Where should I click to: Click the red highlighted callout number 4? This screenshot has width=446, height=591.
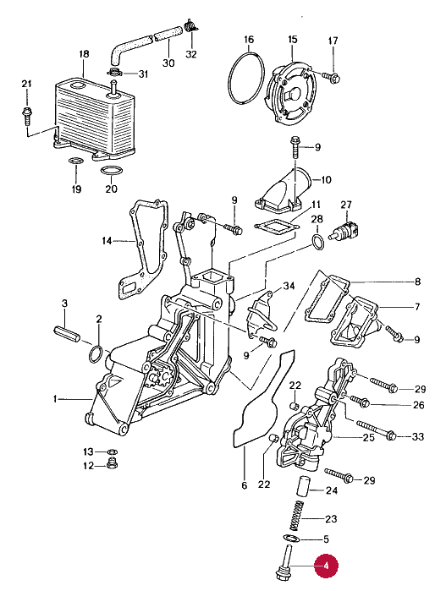tap(326, 566)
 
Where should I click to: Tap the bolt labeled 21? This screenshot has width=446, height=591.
tap(27, 116)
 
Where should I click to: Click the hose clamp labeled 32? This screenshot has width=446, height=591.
tap(191, 26)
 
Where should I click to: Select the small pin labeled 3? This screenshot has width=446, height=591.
tap(67, 334)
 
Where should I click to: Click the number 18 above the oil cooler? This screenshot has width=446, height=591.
tap(84, 54)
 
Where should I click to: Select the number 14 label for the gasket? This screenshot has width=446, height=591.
tap(107, 240)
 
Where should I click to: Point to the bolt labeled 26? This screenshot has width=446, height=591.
tap(360, 401)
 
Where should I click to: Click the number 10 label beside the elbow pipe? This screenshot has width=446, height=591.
tap(326, 179)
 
